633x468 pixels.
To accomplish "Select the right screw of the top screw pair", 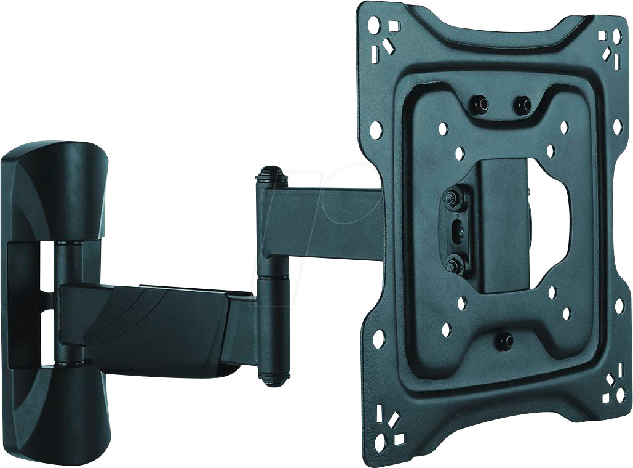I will point(523,104).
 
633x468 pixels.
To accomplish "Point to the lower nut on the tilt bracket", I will point(455,265).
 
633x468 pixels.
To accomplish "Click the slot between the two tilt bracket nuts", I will point(456,231).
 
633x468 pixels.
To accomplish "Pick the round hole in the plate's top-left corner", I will point(374,25).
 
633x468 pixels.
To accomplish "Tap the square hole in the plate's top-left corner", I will point(394,26).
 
